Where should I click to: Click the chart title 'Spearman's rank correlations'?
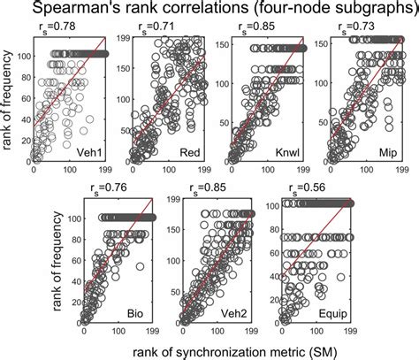click(209, 11)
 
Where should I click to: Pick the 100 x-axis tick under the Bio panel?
click(121, 332)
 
